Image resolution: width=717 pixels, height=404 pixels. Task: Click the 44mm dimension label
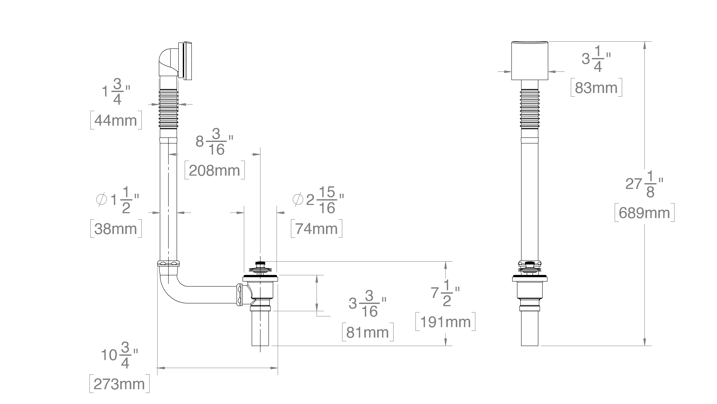(116, 120)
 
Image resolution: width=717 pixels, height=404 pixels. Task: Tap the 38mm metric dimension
(116, 229)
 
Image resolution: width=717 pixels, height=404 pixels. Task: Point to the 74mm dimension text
(316, 229)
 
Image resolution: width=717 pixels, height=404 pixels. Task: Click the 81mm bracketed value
(368, 332)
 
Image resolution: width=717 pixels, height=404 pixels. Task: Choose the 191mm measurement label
(445, 322)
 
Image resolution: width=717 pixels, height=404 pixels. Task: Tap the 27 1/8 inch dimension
(644, 184)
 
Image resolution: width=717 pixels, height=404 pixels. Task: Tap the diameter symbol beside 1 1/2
(101, 199)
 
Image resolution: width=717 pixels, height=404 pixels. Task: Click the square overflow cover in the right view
(530, 61)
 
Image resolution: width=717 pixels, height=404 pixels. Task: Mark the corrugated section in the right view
(530, 109)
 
